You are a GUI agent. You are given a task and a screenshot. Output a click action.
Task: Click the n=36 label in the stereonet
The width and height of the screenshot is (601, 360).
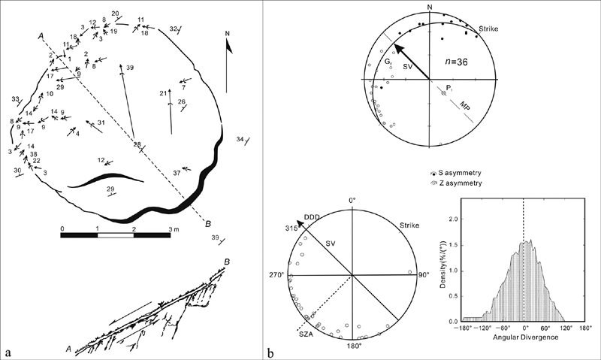[x=456, y=62]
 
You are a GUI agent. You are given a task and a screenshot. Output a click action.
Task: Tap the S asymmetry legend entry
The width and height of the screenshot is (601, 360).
[x=456, y=173]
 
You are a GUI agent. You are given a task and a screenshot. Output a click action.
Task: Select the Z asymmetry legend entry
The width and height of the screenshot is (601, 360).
[x=456, y=183]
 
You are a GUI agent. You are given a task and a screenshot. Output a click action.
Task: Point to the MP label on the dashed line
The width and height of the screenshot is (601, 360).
[x=465, y=105]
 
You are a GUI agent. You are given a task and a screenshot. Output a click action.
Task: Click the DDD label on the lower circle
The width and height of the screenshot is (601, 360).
[x=312, y=217]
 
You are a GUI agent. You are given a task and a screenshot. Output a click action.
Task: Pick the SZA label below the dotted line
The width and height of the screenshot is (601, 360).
[x=307, y=334]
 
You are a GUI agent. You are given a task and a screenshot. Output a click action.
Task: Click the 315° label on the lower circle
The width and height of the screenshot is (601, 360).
[x=291, y=228]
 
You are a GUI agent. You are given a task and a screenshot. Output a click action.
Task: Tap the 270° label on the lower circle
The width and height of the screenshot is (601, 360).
[x=277, y=275]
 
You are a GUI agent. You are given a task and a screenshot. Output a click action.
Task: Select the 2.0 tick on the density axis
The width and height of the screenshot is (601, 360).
[x=454, y=219]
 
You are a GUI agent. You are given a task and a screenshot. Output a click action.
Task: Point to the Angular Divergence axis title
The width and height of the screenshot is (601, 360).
[x=525, y=337]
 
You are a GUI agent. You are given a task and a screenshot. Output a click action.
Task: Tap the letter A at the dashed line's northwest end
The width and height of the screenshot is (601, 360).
[x=41, y=35]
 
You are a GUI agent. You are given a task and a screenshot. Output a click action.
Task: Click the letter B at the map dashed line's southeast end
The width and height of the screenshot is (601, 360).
[x=208, y=223]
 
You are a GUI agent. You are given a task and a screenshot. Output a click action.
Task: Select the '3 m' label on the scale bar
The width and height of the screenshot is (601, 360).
[x=174, y=229]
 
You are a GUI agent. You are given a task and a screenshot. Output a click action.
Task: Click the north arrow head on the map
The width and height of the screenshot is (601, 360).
[x=230, y=46]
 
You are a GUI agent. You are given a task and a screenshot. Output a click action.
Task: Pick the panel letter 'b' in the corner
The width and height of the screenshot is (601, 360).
[x=271, y=352]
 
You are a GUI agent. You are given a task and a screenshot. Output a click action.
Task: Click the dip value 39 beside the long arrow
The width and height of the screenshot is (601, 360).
[x=130, y=68]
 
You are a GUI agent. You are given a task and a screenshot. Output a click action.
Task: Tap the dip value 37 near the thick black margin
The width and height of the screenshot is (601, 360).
[x=177, y=174]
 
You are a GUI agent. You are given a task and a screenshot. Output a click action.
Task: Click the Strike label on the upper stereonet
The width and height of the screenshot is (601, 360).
[x=489, y=29]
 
